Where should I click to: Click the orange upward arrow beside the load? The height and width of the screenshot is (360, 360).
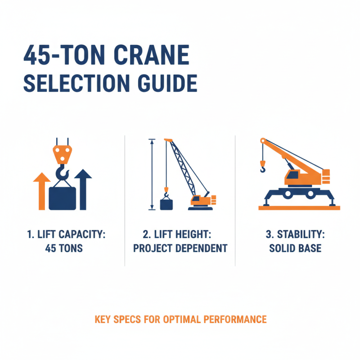tap(42, 191)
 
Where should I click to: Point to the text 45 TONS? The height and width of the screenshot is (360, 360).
tap(64, 248)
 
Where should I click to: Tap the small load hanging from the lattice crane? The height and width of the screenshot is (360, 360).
tap(166, 203)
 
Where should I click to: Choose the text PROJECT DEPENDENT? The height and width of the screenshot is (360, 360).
tap(180, 248)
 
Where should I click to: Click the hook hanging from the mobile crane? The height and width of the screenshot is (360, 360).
tap(262, 169)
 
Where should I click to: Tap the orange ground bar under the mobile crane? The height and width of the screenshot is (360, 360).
tap(299, 207)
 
